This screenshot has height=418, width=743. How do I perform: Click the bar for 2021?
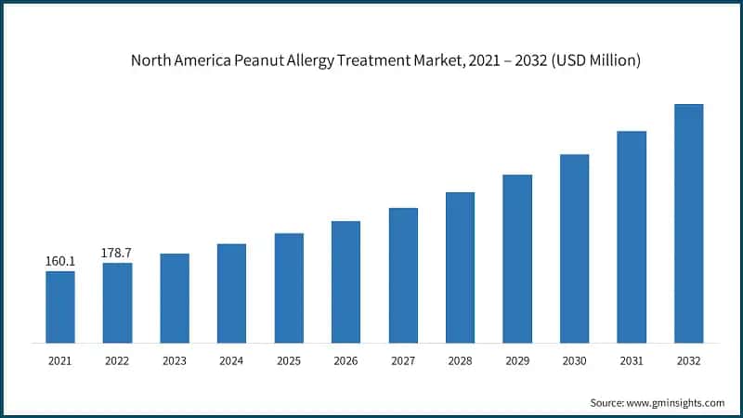point(60,307)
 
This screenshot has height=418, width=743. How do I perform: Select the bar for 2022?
point(117,303)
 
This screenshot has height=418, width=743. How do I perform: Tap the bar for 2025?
point(289,288)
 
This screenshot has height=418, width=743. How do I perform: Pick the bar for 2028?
point(460,268)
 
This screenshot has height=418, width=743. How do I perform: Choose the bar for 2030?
point(574,248)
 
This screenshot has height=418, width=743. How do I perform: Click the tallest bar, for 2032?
point(688,223)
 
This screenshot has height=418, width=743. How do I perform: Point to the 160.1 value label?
point(60,262)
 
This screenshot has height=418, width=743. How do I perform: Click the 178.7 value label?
point(117,254)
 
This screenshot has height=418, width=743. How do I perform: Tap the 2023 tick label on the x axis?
point(175,360)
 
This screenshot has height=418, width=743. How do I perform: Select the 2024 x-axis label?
point(231,360)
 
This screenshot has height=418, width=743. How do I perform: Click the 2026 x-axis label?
point(345,360)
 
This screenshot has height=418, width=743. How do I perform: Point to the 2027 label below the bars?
point(403,360)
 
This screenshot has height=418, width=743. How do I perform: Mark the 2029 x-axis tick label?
point(517,360)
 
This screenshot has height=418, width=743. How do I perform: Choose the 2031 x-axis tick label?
point(632,360)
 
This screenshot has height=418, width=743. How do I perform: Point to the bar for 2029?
point(517,258)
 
